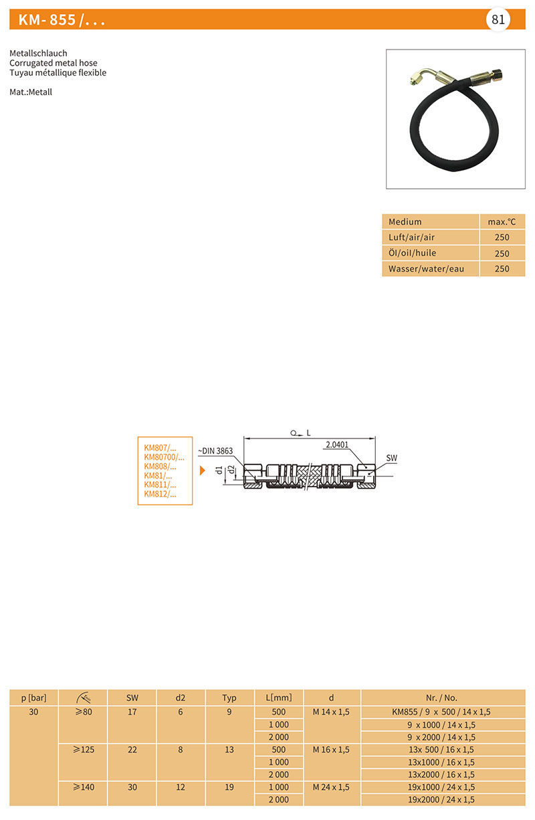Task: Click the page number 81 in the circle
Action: point(498,19)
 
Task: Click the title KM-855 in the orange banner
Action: point(47,20)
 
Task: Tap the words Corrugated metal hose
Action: point(53,63)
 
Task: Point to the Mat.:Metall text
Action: point(31,92)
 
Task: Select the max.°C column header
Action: point(502,222)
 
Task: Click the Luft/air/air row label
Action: point(411,237)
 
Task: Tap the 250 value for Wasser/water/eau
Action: point(502,268)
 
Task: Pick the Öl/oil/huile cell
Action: point(412,253)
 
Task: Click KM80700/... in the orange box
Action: point(164,457)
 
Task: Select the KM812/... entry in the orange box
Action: point(160,494)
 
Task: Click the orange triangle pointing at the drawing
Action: point(202,471)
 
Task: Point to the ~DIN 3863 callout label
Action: point(215,451)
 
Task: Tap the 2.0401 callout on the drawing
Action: point(337,444)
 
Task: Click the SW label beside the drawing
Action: point(391,458)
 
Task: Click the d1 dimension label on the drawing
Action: point(219,470)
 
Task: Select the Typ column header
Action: point(229,698)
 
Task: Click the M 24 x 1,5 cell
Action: point(331,787)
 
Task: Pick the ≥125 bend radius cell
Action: point(84,749)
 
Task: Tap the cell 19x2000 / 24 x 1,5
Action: point(441,799)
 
